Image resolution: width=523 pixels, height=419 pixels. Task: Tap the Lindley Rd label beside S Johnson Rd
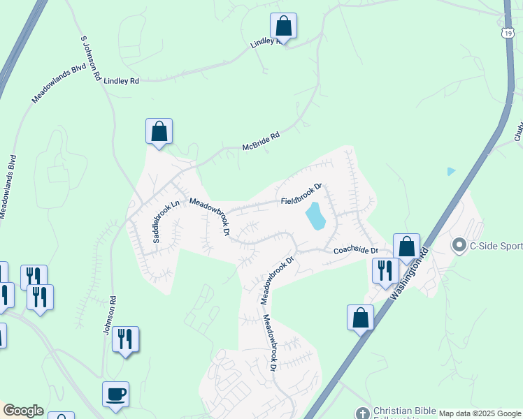pyautogui.click(x=121, y=81)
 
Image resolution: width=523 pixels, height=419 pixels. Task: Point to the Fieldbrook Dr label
pyautogui.click(x=301, y=195)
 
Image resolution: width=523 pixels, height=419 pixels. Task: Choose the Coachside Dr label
pyautogui.click(x=355, y=251)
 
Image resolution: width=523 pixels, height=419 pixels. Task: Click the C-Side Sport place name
pyautogui.click(x=496, y=244)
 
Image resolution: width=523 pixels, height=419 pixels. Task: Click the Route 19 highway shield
pyautogui.click(x=508, y=32)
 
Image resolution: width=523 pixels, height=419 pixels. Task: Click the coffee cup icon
pyautogui.click(x=115, y=395)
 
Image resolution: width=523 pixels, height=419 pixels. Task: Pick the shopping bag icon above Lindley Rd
pyautogui.click(x=283, y=27)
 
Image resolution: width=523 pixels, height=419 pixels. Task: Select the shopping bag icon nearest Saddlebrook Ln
pyautogui.click(x=159, y=131)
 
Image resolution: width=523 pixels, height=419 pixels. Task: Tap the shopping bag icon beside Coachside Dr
pyautogui.click(x=406, y=247)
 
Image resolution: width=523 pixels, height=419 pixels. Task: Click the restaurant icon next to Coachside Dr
pyautogui.click(x=385, y=270)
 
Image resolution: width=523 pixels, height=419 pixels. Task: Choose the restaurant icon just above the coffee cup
pyautogui.click(x=125, y=339)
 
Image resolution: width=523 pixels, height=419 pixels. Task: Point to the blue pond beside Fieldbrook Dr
pyautogui.click(x=315, y=216)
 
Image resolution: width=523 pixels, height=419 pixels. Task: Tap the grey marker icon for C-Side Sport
pyautogui.click(x=459, y=244)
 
